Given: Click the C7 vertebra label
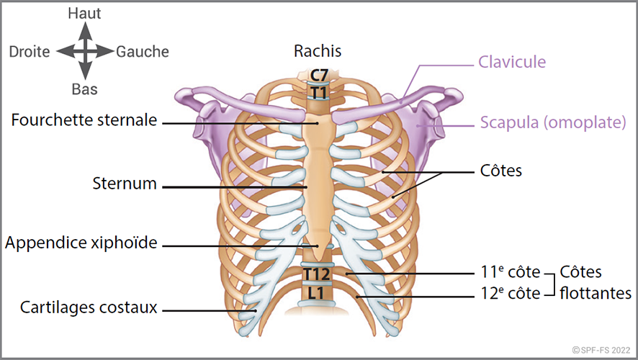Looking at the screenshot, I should pos(318,75).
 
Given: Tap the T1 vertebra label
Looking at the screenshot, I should pos(318,92).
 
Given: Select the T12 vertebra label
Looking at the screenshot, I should pos(316,274).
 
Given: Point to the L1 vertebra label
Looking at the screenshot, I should pos(317,294).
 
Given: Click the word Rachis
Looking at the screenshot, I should pos(318,51).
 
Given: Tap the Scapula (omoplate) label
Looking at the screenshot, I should pos(553,122).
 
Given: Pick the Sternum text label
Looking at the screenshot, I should pos(125,183).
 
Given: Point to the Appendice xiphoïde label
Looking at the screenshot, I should pos(81,243).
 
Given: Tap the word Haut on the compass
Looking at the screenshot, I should pos(84,13).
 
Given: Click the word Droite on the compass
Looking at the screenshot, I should pos(30,52).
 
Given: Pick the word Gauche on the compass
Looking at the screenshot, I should pos(143,52).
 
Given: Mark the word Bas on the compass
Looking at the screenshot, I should pos(84,90).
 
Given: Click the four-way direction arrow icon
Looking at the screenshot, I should pos(85,51).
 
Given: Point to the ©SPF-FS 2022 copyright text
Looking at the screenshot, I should pos(601,349).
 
